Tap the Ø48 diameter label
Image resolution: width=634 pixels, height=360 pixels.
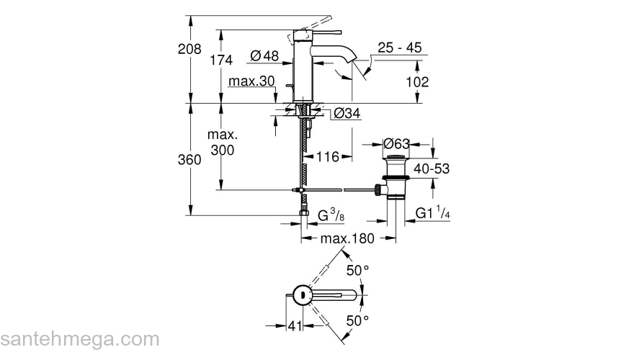(x=264, y=55)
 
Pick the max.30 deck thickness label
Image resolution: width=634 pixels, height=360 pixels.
(x=251, y=81)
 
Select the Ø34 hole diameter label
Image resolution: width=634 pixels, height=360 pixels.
(x=347, y=113)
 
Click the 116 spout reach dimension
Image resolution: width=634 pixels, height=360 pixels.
(x=328, y=156)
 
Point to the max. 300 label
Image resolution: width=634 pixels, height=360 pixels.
(x=222, y=143)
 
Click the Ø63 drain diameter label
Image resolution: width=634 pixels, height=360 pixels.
(x=396, y=143)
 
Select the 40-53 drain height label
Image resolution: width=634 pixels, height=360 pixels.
(x=432, y=168)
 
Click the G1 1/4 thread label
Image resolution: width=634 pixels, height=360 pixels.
(x=432, y=214)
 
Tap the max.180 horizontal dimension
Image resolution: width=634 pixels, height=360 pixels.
(x=347, y=238)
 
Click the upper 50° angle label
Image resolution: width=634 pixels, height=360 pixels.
(x=357, y=270)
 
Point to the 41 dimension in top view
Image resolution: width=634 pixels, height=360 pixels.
(x=294, y=326)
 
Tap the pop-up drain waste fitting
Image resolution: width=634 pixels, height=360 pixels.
(x=394, y=176)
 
